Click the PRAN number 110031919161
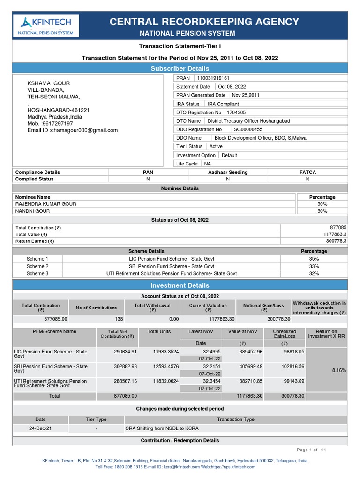tap(213, 78)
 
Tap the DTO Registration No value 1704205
tap(236, 112)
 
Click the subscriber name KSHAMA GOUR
tap(49, 83)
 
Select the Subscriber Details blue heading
tap(180, 68)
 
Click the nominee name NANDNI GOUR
tap(32, 211)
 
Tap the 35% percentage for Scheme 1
tap(314, 259)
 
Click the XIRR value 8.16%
tap(338, 370)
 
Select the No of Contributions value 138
tap(96, 319)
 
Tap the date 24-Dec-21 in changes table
tap(40, 428)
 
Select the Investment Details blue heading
tap(180, 285)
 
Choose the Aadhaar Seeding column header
tap(228, 172)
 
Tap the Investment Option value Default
tap(229, 155)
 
